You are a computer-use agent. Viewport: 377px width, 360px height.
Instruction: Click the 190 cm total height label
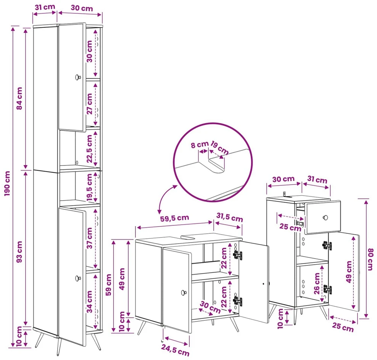pyautogui.click(x=7, y=183)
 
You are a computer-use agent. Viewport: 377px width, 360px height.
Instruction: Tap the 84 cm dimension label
pyautogui.click(x=19, y=98)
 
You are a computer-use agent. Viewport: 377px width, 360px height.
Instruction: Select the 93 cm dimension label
pyautogui.click(x=19, y=252)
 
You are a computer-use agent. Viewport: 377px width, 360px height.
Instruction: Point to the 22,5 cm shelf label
pyautogui.click(x=89, y=148)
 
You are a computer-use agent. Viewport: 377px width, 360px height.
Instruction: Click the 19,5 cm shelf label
pyautogui.click(x=89, y=188)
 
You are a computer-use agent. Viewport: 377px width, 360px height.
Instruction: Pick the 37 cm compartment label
pyautogui.click(x=89, y=238)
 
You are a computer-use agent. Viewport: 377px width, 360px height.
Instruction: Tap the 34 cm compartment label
pyautogui.click(x=89, y=301)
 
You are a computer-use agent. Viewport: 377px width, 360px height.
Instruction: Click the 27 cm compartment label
pyautogui.click(x=89, y=104)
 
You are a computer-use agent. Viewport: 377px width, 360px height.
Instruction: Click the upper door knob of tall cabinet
pyautogui.click(x=78, y=77)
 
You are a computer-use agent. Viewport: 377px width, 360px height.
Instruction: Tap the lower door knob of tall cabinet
pyautogui.click(x=78, y=278)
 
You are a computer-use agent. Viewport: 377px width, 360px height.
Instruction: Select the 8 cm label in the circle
pyautogui.click(x=200, y=145)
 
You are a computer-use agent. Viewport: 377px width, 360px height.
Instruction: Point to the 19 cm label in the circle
pyautogui.click(x=219, y=148)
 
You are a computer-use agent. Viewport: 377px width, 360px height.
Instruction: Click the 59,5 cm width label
pyautogui.click(x=174, y=218)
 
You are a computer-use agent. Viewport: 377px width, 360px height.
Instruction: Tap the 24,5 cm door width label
pyautogui.click(x=175, y=350)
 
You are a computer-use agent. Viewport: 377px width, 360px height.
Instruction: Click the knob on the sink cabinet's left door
pyautogui.click(x=184, y=292)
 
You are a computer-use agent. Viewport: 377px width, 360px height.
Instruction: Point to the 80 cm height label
pyautogui.click(x=370, y=259)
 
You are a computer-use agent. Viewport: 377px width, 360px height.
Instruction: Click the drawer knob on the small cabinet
pyautogui.click(x=325, y=217)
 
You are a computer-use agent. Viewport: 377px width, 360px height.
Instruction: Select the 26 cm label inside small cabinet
pyautogui.click(x=317, y=283)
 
